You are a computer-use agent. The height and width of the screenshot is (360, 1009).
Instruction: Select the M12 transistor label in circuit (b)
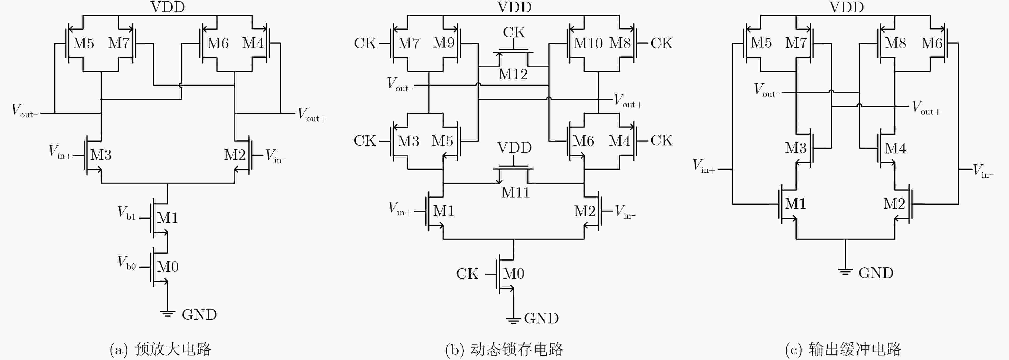tap(513, 74)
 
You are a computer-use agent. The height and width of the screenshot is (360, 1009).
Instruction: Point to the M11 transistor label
tap(515, 192)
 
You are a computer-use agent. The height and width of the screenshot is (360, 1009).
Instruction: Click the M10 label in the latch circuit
tap(588, 43)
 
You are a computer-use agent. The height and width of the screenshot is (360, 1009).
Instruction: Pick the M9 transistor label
tap(443, 43)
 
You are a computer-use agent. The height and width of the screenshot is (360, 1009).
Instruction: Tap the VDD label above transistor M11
tap(514, 148)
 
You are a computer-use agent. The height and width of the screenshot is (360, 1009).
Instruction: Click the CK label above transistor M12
tap(514, 32)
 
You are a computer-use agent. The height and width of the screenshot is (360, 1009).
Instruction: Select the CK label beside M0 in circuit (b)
tap(467, 274)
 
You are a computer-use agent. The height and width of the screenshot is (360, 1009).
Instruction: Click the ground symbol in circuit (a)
tap(167, 313)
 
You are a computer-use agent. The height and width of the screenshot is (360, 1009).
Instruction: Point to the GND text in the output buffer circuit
tap(876, 273)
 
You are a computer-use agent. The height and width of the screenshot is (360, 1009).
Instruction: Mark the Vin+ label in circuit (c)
tap(704, 166)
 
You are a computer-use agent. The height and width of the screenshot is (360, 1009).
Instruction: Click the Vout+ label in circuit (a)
tap(312, 114)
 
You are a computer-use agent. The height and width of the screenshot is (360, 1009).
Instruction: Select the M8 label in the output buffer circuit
tap(895, 43)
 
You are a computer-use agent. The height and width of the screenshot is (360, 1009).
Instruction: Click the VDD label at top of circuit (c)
tap(846, 7)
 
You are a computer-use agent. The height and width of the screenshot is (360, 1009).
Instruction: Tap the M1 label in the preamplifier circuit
tap(168, 218)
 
